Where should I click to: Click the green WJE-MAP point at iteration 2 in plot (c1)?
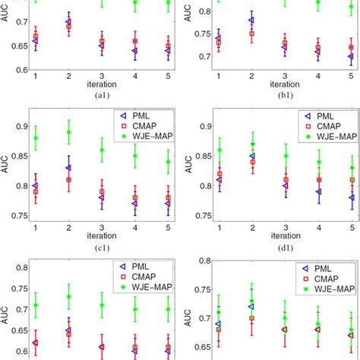tap(68, 131)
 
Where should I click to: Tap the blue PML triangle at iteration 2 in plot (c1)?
tap(68, 167)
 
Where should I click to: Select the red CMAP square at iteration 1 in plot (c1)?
tap(36, 191)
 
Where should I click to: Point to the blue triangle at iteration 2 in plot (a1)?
tap(68, 22)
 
